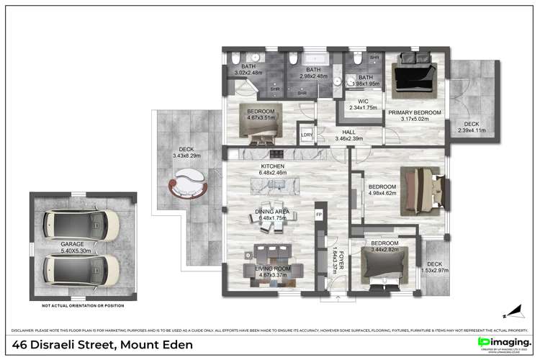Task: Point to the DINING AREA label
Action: pos(271,211)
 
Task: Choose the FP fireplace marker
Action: pos(320,214)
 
